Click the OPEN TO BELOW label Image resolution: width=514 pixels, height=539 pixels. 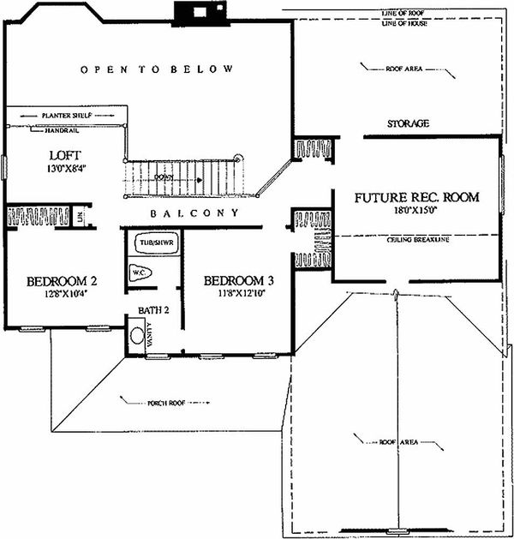pyautogui.click(x=156, y=69)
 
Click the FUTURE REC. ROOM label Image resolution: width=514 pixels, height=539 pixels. pyautogui.click(x=417, y=197)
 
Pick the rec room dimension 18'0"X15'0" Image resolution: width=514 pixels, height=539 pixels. pyautogui.click(x=417, y=210)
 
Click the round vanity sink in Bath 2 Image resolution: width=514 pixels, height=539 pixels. pyautogui.click(x=137, y=335)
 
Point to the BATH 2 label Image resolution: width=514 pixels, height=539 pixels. pyautogui.click(x=145, y=309)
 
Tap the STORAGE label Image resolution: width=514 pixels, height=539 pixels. pyautogui.click(x=407, y=124)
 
